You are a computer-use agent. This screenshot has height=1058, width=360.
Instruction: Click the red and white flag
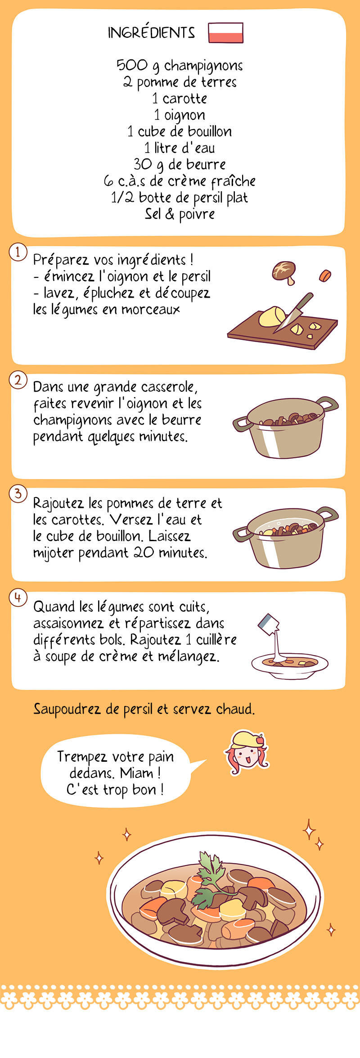pos(225,33)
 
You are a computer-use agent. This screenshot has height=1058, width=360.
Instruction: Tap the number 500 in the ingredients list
pos(132,65)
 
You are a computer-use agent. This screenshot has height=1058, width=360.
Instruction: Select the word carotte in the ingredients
pos(185,98)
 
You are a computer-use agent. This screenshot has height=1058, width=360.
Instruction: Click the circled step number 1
pos(18,252)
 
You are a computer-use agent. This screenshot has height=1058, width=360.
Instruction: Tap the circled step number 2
pos(18,380)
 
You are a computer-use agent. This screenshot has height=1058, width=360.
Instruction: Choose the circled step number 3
pos(18,493)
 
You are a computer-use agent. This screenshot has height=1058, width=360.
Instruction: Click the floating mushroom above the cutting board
pos(284,271)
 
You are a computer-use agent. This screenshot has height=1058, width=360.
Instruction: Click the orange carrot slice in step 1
pos(325,275)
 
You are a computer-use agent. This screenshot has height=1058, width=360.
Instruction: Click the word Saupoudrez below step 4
pos(67,709)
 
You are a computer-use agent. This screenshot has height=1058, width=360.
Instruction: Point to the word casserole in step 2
pos(169,387)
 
